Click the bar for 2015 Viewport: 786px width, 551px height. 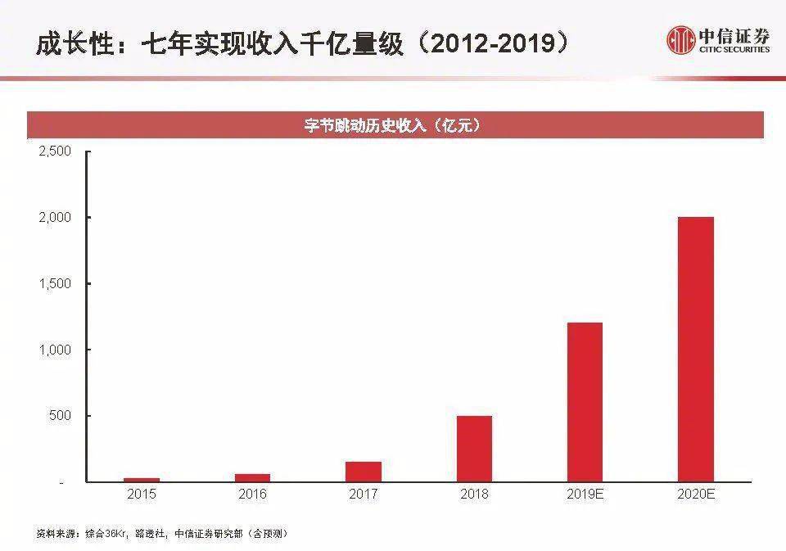(x=142, y=480)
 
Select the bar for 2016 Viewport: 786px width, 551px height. (x=252, y=477)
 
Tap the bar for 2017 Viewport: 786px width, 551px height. (x=363, y=472)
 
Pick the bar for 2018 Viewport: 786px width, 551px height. (x=474, y=449)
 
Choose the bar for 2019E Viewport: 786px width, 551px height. (x=585, y=402)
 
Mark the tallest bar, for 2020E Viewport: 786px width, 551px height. (x=696, y=350)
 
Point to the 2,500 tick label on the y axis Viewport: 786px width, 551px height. (x=56, y=151)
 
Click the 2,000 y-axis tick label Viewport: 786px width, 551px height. (x=56, y=218)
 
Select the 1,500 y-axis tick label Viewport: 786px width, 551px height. (x=56, y=283)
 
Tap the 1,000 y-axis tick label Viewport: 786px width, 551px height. (x=56, y=350)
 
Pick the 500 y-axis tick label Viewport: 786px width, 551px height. (x=61, y=416)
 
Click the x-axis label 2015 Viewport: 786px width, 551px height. (x=142, y=495)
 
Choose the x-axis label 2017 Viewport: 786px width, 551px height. (x=363, y=495)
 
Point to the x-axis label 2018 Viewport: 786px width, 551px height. (x=474, y=495)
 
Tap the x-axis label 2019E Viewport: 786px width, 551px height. (x=585, y=495)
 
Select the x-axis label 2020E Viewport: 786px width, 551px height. (x=696, y=495)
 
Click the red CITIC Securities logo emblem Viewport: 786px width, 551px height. (x=680, y=40)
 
